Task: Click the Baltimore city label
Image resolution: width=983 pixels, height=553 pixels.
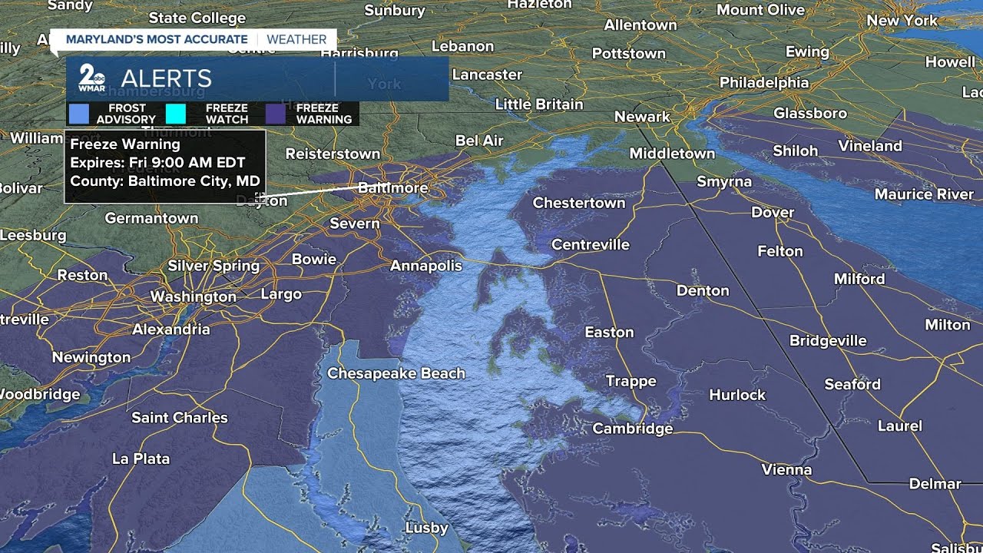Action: (392, 187)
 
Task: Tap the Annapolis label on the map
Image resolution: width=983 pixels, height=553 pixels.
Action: (426, 266)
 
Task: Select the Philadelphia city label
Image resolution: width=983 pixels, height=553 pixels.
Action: (763, 82)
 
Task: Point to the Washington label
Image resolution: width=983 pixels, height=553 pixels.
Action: (193, 296)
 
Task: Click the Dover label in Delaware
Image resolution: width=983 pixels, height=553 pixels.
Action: (772, 212)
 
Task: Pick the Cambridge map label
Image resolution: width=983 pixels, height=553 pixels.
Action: (632, 429)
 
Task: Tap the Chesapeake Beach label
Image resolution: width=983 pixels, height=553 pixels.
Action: (396, 373)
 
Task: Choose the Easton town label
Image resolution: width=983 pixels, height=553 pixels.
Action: (609, 332)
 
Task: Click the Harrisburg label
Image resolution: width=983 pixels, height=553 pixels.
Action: (359, 54)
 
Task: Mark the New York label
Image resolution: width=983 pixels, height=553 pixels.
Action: (902, 21)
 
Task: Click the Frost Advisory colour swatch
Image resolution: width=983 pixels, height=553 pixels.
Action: (78, 114)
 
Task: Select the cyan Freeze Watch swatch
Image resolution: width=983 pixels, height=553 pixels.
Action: (176, 114)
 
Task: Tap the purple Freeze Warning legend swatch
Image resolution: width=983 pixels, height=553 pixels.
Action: (275, 114)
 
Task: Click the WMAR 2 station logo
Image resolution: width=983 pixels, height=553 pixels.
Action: (92, 78)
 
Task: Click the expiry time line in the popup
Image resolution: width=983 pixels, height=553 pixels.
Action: (157, 163)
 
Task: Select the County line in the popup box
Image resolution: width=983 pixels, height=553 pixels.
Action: (164, 182)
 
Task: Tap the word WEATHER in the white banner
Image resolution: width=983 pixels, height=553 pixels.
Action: (296, 39)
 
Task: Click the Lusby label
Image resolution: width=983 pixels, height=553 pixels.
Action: (426, 528)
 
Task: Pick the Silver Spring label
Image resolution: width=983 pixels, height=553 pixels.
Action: (213, 266)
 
